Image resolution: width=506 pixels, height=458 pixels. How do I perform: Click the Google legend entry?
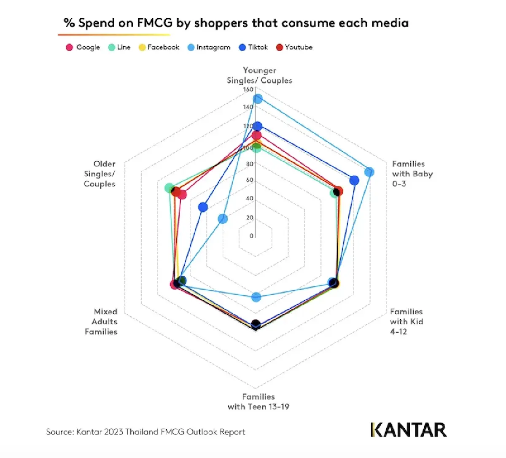tap(83, 47)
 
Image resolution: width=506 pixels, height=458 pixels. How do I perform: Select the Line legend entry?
tap(119, 47)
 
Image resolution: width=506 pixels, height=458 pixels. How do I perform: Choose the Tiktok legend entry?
tap(253, 47)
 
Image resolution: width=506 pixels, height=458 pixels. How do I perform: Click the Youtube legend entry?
tap(294, 47)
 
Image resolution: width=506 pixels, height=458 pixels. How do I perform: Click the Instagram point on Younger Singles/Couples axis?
tap(258, 99)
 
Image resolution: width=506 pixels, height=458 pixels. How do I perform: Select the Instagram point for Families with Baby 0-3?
tap(369, 172)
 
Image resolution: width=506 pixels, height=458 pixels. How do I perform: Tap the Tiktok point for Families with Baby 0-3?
tap(354, 181)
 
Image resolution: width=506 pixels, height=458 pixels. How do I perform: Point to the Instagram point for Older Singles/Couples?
tap(223, 218)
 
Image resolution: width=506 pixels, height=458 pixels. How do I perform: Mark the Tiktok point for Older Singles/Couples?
tap(203, 207)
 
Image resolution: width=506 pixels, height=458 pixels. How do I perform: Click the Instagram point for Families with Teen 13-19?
tap(256, 297)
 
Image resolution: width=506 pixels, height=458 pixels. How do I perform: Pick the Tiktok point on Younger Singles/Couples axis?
tap(257, 126)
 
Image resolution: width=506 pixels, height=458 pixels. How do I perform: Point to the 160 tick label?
tap(248, 89)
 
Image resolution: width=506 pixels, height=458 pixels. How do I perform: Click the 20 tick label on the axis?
tap(250, 218)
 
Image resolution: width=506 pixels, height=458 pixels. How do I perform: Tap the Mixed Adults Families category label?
tap(101, 321)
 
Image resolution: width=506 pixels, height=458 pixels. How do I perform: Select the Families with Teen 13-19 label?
tap(258, 401)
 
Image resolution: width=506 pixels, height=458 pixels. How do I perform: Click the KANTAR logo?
tap(408, 430)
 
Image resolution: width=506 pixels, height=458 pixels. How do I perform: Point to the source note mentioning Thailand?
tap(145, 432)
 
